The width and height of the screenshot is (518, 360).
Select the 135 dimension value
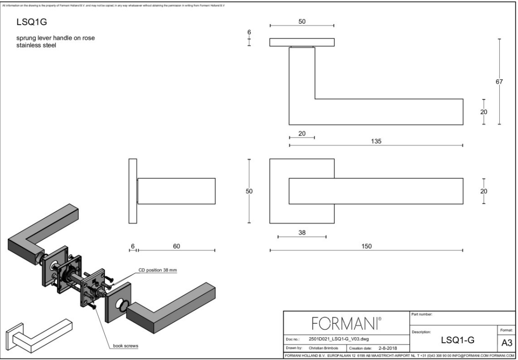[377, 141]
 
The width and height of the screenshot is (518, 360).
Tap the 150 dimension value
[367, 246]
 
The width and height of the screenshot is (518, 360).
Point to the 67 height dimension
[503, 82]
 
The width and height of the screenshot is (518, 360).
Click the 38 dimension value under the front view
[302, 232]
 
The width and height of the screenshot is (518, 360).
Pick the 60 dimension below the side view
[176, 246]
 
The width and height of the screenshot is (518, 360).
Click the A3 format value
[503, 342]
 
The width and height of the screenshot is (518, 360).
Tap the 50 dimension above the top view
[302, 22]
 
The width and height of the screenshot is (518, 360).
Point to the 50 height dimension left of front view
[249, 192]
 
